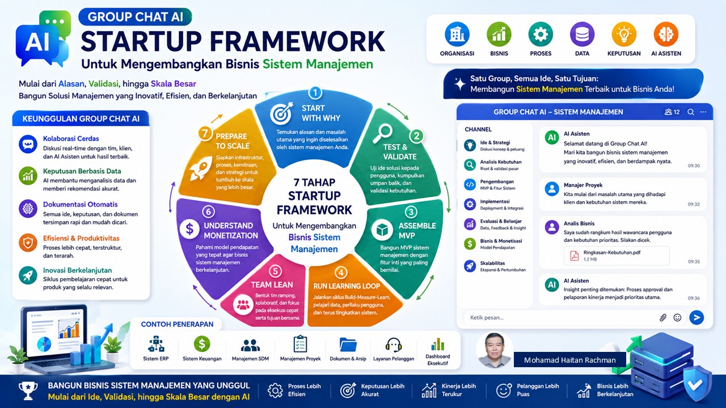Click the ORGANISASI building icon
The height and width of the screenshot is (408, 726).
click(x=457, y=34)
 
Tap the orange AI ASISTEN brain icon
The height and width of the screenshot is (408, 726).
click(x=666, y=34)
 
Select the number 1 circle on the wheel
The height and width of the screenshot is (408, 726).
click(x=315, y=92)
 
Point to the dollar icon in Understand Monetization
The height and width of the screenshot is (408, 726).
click(x=189, y=229)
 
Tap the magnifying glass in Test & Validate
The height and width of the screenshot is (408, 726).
click(x=382, y=134)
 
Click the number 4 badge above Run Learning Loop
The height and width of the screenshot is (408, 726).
click(x=341, y=273)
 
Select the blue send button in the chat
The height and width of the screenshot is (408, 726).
click(x=697, y=317)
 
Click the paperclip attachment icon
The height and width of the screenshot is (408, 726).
click(x=663, y=318)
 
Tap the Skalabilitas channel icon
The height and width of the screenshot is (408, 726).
click(x=470, y=266)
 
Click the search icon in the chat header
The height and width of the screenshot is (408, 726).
click(x=691, y=112)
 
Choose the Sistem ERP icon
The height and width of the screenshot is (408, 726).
click(x=156, y=344)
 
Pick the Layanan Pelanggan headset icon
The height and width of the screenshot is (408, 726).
click(x=394, y=345)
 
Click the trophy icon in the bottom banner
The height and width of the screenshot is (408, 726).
click(x=28, y=390)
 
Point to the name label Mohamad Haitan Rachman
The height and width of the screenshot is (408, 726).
click(x=570, y=360)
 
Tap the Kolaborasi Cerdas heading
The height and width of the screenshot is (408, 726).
click(x=71, y=139)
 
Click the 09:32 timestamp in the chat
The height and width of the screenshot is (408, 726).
click(x=694, y=205)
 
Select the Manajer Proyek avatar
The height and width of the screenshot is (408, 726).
click(x=552, y=189)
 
